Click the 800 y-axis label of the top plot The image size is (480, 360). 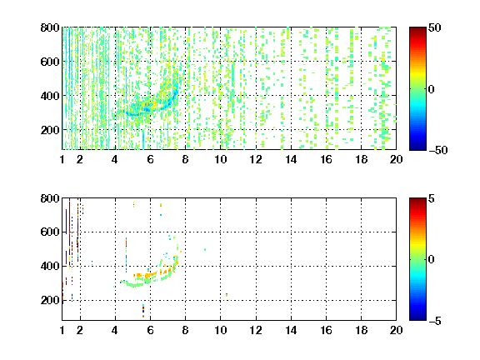tap(50, 27)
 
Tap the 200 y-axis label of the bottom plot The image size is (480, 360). tap(50, 300)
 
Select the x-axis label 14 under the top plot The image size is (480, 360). tap(291, 159)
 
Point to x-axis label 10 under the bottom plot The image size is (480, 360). tap(220, 330)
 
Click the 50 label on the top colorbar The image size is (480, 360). tap(434, 28)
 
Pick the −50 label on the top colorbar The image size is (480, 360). tap(438, 150)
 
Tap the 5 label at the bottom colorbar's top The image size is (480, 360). tap(432, 199)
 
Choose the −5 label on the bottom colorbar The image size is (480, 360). tap(435, 321)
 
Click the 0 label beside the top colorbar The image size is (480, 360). tap(432, 89)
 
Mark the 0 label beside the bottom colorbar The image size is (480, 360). tap(432, 260)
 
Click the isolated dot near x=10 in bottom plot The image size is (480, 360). tap(227, 295)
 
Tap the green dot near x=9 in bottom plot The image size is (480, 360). tap(205, 249)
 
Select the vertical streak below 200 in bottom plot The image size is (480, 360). tap(143, 311)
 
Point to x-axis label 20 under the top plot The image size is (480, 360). tap(396, 159)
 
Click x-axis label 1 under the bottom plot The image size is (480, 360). tap(62, 330)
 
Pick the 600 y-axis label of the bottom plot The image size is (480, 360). tap(50, 232)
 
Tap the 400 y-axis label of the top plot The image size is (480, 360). tap(50, 96)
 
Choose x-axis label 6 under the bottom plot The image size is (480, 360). tap(150, 330)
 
